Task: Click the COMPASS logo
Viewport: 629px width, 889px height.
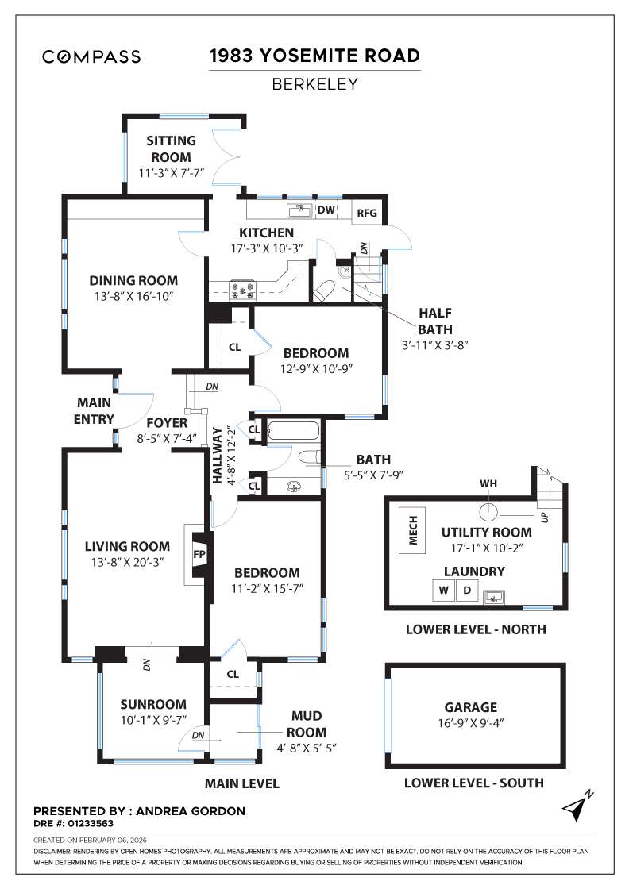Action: pyautogui.click(x=91, y=56)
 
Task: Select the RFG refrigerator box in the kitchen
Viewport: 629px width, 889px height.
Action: pyautogui.click(x=367, y=213)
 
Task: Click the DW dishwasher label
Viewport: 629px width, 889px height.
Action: pyautogui.click(x=326, y=210)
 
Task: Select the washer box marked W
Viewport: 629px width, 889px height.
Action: pyautogui.click(x=442, y=591)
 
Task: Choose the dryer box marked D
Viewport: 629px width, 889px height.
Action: pyautogui.click(x=467, y=591)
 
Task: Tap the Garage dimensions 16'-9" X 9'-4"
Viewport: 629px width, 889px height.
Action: pyautogui.click(x=471, y=722)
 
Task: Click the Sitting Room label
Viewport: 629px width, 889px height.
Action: pyautogui.click(x=168, y=149)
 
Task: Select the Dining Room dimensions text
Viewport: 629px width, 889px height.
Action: pyautogui.click(x=133, y=295)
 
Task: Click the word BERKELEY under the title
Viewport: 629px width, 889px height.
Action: pyautogui.click(x=314, y=83)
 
